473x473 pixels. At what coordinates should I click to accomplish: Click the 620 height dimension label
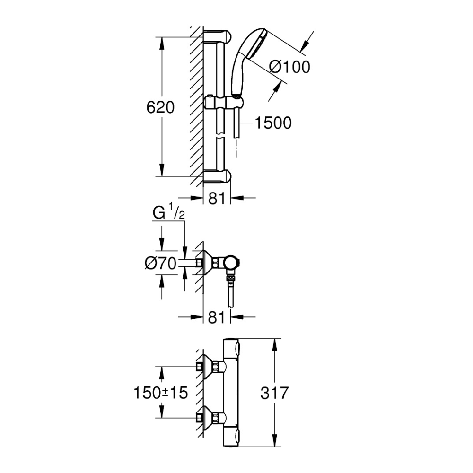pyautogui.click(x=160, y=107)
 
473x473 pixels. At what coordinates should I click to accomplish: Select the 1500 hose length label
pyautogui.click(x=273, y=123)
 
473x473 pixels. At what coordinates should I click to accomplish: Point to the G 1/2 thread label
pyautogui.click(x=168, y=214)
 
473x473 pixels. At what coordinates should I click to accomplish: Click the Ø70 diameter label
pyautogui.click(x=161, y=263)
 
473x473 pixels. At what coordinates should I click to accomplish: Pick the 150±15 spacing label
pyautogui.click(x=161, y=392)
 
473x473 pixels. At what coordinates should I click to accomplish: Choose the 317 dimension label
pyautogui.click(x=274, y=393)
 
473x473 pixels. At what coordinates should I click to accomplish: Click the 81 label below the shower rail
pyautogui.click(x=216, y=199)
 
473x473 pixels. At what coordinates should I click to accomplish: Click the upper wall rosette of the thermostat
pyautogui.click(x=204, y=366)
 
